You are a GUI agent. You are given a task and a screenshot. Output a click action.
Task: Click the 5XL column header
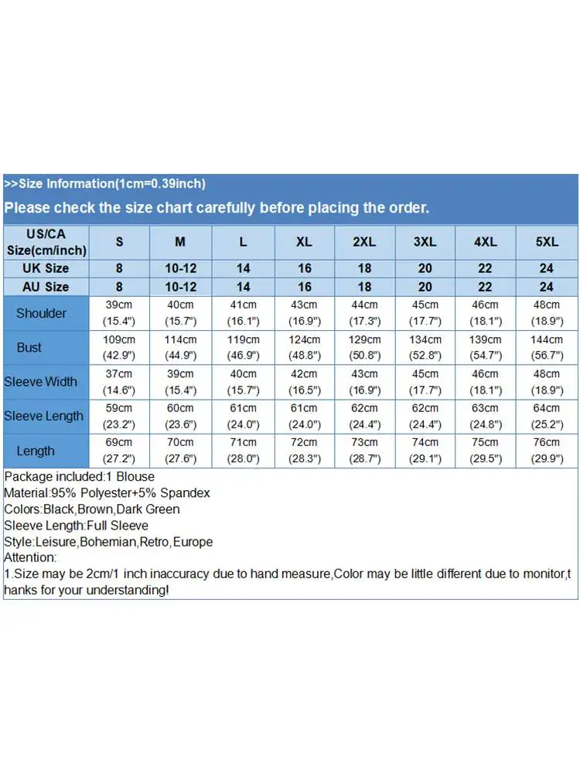point(547,242)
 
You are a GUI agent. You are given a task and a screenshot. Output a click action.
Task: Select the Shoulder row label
point(41,313)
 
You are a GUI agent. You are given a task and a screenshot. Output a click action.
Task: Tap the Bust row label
point(29,347)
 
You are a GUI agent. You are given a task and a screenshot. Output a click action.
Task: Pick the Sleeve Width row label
point(40,382)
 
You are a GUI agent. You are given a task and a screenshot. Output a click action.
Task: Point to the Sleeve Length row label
point(43,416)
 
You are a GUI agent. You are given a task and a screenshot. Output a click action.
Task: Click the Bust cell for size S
point(119,347)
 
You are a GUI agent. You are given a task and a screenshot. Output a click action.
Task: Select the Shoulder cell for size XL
point(304,313)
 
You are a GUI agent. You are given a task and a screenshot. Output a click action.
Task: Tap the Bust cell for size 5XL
point(547,347)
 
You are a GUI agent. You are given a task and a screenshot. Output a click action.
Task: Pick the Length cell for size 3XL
point(425,451)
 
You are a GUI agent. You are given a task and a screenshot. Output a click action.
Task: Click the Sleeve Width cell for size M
point(180,382)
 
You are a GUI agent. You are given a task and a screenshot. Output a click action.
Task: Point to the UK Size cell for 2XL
point(364,268)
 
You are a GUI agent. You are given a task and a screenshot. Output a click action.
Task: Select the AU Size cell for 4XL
point(486,287)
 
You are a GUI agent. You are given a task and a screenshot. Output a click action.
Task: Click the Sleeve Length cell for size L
point(243,416)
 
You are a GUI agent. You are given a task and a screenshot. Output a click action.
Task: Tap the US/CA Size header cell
point(46,242)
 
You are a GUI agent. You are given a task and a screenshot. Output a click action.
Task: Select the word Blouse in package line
point(135,476)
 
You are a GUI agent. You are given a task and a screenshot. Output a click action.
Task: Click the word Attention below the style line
point(29,557)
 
